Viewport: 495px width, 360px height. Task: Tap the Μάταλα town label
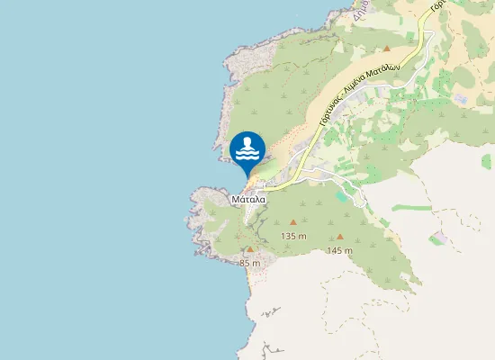(247, 199)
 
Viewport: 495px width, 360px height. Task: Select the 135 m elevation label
(293, 236)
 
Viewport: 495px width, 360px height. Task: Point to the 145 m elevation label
(340, 250)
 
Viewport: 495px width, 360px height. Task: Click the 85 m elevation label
(250, 263)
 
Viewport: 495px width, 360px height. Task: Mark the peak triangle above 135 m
(292, 221)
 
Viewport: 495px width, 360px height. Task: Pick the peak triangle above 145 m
(339, 237)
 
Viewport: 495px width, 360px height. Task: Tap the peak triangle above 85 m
(250, 249)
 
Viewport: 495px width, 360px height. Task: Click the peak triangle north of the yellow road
(386, 48)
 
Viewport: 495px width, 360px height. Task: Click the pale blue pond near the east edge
(460, 96)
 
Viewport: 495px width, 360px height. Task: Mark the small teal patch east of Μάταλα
(340, 194)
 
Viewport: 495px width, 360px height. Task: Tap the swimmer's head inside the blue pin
(247, 140)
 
